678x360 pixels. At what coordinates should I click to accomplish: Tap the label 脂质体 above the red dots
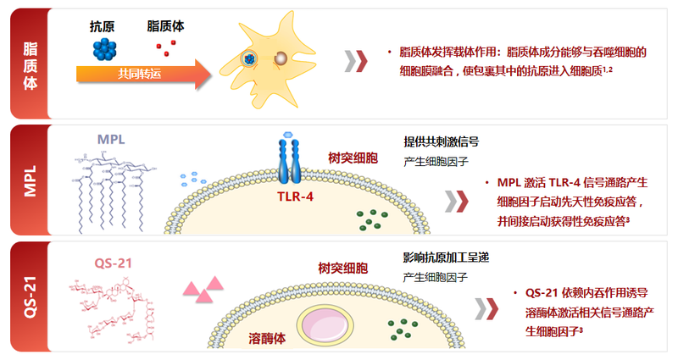pyautogui.click(x=166, y=26)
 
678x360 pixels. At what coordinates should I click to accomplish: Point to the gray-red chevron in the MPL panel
pyautogui.click(x=457, y=202)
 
